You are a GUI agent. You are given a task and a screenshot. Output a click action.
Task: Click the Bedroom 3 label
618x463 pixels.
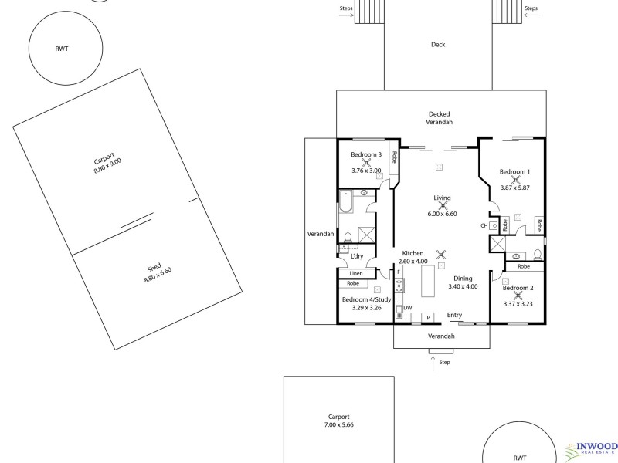coord(366,154)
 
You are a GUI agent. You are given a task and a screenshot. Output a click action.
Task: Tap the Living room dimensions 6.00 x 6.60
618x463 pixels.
coord(443,214)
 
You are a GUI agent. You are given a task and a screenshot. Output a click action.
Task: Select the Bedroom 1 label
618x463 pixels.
coord(514,171)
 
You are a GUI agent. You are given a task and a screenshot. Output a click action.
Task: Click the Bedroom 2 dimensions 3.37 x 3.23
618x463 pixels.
coord(519,304)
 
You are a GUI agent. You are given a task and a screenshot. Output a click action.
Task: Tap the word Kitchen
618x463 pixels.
coord(412,253)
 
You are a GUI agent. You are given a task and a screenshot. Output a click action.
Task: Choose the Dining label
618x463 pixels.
coord(463,278)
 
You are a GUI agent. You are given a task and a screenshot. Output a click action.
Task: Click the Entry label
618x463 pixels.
coord(454,314)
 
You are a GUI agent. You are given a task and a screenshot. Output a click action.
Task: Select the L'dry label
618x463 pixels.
coord(357,256)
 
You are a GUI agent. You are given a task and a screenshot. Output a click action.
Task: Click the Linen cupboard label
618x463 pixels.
coord(355,273)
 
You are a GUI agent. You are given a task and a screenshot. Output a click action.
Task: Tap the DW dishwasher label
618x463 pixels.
coord(407,308)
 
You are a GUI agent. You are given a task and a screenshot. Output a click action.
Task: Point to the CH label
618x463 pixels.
coord(484,225)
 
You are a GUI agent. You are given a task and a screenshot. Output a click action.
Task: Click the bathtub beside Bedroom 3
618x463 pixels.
coord(345,203)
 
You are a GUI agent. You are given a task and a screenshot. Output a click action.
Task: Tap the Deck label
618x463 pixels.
coord(438,45)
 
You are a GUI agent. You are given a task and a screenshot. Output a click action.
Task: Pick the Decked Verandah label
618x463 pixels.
coord(439,117)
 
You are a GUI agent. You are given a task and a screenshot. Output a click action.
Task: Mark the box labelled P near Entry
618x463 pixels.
coord(429,316)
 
